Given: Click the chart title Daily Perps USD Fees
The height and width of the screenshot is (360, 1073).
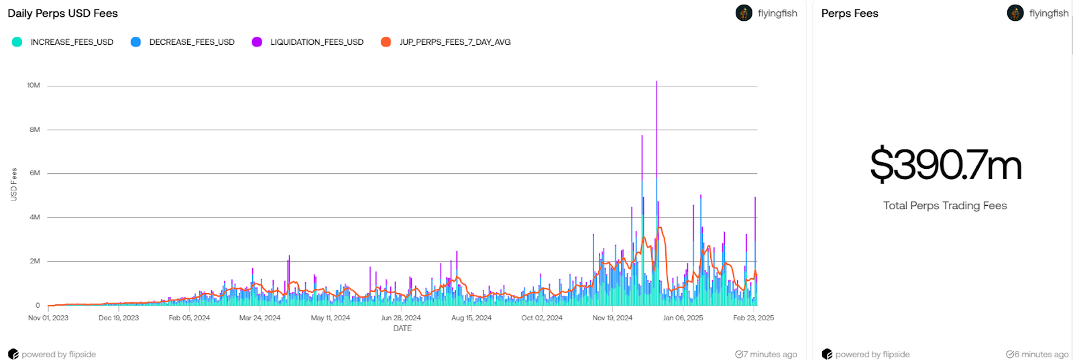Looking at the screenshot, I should (62, 13).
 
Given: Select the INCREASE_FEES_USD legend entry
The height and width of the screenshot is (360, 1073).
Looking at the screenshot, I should (71, 42).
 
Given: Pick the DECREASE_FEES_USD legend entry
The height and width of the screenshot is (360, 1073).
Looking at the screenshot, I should (191, 42).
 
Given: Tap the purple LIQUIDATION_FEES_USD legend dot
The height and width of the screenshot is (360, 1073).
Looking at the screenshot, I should (257, 42).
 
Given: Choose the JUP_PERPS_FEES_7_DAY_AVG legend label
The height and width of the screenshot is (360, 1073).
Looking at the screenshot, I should (455, 42).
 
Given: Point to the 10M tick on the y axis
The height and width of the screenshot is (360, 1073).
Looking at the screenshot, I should (34, 86).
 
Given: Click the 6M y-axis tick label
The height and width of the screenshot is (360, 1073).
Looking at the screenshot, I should (35, 173).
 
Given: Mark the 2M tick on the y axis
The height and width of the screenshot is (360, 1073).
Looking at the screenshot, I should (35, 261).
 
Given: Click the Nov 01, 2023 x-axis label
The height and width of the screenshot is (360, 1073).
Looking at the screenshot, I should (48, 318).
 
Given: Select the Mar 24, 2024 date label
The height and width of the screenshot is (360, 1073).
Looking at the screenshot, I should (260, 318).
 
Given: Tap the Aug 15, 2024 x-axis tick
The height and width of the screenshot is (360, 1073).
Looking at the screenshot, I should (471, 318).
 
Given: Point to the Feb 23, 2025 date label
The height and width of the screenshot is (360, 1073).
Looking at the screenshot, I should (753, 318).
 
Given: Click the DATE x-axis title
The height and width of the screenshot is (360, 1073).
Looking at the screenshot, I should (402, 328).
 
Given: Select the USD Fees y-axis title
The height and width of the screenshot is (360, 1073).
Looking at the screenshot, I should (14, 184).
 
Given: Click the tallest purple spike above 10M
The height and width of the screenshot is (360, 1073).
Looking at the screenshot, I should (657, 84).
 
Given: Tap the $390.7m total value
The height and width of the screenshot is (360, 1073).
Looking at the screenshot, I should (945, 166).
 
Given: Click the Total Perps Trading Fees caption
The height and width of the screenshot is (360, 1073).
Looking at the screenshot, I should (945, 206).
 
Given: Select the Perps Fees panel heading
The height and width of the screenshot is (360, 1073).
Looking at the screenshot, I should (850, 13).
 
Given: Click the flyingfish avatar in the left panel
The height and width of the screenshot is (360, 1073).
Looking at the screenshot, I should (744, 13).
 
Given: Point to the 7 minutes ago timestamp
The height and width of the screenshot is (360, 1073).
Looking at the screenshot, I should (767, 355).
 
